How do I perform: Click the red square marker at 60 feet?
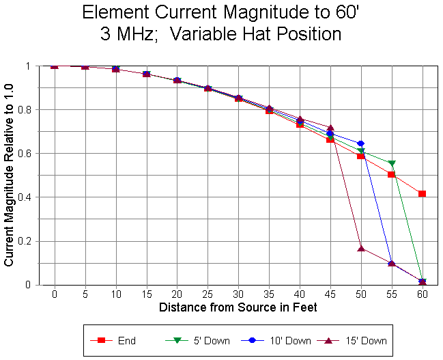click(423, 194)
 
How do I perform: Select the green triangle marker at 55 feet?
click(392, 164)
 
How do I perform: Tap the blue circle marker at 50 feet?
click(361, 143)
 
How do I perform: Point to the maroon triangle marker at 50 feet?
click(361, 248)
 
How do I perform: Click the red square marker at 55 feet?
click(392, 175)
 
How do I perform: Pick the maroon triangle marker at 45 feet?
click(330, 128)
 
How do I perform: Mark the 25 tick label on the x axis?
click(208, 294)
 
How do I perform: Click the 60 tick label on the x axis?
click(423, 294)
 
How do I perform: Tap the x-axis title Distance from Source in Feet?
click(238, 308)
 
